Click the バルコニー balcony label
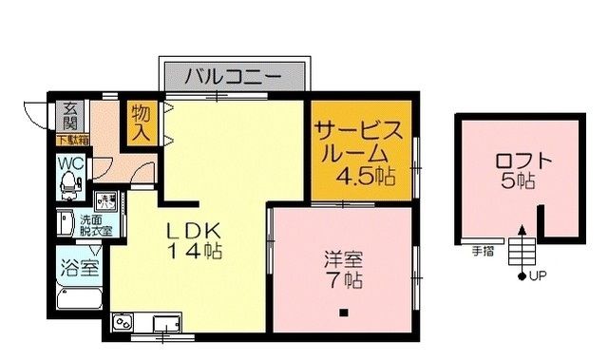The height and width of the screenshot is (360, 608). (x=232, y=74)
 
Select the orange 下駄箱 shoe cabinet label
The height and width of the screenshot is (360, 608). (x=71, y=141)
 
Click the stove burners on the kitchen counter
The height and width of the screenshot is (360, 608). (x=124, y=324)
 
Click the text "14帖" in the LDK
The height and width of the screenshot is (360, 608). (x=196, y=252)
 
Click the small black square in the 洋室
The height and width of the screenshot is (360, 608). (x=345, y=313)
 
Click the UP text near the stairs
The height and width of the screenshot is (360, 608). (x=538, y=276)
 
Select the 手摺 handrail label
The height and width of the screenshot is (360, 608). (x=482, y=252)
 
